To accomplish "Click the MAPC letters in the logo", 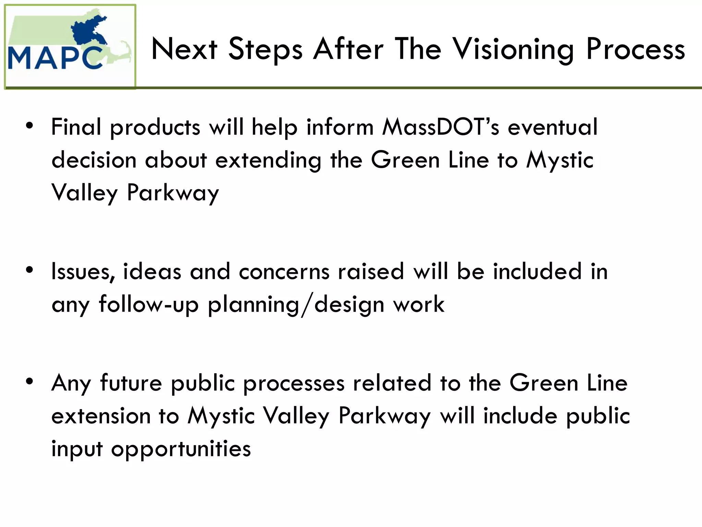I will (55, 58).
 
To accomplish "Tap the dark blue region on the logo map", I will (87, 33).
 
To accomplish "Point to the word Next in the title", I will (184, 50).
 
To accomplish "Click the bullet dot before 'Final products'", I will (30, 126).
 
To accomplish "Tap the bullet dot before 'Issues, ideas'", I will (30, 270).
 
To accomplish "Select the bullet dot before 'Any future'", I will (30, 381).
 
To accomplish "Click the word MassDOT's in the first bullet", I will (441, 127).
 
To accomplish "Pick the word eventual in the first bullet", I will (553, 127).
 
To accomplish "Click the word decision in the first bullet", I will (94, 160).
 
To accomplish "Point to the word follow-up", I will (149, 305).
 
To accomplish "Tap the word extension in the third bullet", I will (101, 416).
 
